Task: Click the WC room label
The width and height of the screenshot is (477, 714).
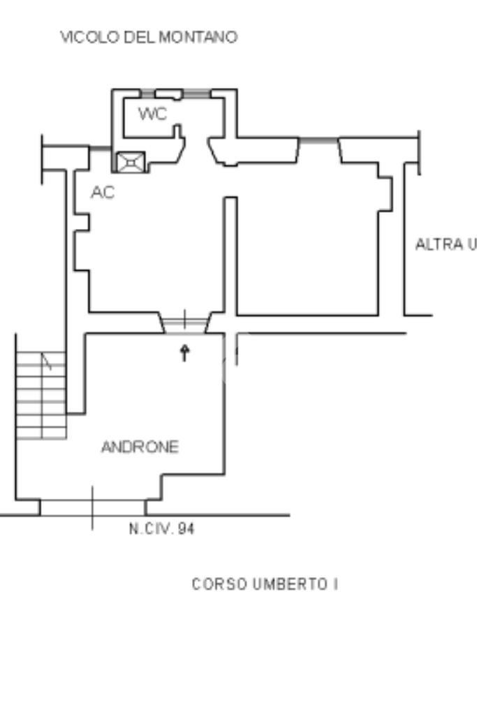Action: tap(152, 114)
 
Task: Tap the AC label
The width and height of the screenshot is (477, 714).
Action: tap(103, 193)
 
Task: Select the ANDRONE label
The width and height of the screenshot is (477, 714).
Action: tap(140, 447)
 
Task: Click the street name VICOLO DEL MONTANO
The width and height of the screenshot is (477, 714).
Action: tap(149, 38)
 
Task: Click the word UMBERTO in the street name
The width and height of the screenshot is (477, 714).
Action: tap(286, 584)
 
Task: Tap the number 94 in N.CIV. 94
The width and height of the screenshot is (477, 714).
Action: tap(185, 529)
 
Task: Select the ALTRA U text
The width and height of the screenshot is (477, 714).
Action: tap(446, 244)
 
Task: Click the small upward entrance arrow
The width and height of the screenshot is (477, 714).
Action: tap(184, 352)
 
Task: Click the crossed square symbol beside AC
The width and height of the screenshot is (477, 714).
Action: tap(131, 162)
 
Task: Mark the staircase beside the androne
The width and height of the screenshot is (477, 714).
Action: tap(42, 395)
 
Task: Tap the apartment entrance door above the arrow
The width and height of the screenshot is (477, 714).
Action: tap(184, 323)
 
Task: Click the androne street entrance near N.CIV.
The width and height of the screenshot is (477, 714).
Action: tap(92, 507)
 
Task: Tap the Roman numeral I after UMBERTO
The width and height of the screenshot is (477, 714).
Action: tap(334, 584)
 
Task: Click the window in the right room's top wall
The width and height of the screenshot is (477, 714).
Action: tap(318, 140)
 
